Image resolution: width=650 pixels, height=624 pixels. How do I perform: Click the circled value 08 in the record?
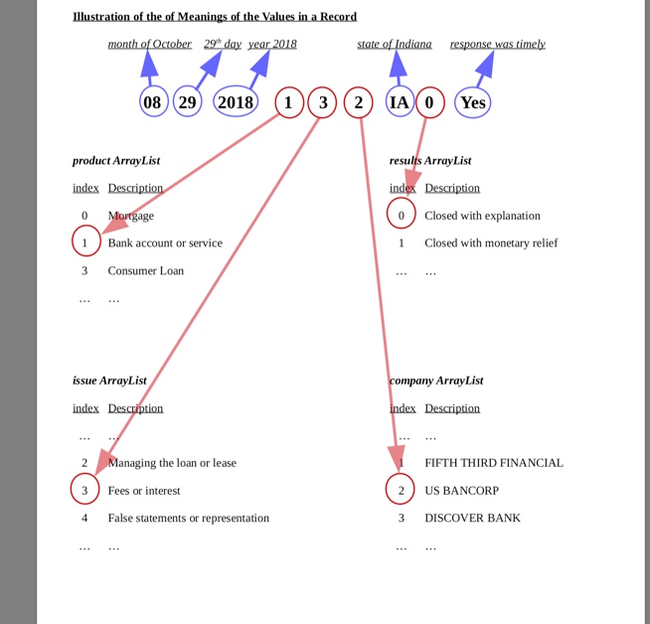(x=153, y=102)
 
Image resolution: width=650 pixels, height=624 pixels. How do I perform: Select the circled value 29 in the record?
(x=187, y=102)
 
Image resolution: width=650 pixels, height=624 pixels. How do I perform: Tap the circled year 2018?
(x=236, y=102)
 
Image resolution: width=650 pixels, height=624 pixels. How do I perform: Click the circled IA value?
(x=400, y=102)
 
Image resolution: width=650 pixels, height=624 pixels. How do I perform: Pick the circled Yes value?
(x=472, y=102)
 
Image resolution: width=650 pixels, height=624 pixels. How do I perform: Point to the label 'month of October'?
(x=149, y=44)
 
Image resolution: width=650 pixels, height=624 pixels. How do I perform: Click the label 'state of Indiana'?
(x=395, y=44)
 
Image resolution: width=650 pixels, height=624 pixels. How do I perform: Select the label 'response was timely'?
(x=497, y=44)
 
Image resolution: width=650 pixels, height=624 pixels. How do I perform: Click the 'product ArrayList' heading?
(x=116, y=160)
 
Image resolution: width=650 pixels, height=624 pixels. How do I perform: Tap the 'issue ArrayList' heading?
(x=109, y=381)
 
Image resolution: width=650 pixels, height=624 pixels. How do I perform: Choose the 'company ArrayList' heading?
(x=436, y=381)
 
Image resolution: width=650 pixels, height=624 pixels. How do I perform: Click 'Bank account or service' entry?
(x=165, y=242)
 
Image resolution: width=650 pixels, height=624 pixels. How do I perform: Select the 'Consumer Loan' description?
(x=145, y=270)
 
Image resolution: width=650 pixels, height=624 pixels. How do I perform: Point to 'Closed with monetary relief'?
(x=491, y=242)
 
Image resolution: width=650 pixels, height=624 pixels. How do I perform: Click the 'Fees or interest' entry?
(x=144, y=490)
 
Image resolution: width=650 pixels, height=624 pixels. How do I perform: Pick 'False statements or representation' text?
(x=188, y=518)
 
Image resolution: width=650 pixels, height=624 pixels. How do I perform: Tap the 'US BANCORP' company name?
(x=461, y=490)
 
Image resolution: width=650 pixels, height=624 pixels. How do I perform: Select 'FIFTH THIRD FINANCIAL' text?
(x=493, y=463)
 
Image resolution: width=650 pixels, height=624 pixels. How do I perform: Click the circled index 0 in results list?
(x=402, y=215)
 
